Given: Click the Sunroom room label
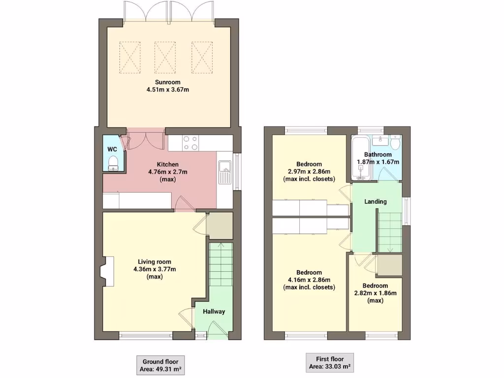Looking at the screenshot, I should tap(168, 82).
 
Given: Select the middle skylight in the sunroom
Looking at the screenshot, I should tap(165, 56).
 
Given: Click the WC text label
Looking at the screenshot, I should tap(112, 149).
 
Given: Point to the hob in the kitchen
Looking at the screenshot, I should tap(190, 143).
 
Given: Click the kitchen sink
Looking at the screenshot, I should tap(225, 172).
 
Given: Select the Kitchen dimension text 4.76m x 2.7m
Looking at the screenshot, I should tap(168, 172).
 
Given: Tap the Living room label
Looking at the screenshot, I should tap(155, 262).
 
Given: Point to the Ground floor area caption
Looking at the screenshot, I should tap(160, 364).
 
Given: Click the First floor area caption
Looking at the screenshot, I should tap(330, 363).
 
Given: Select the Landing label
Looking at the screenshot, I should tap(376, 201).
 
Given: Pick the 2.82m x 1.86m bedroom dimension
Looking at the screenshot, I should tap(375, 293).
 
